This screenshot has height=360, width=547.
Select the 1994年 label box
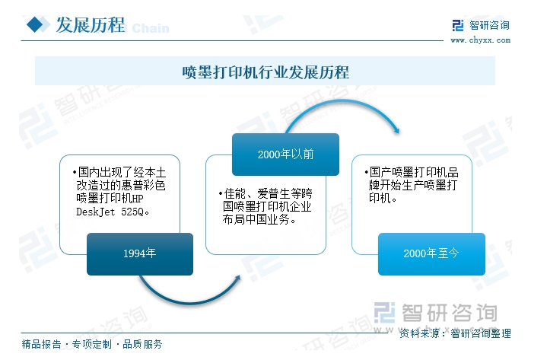tap(138, 253)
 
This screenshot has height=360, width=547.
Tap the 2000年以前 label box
tap(285, 154)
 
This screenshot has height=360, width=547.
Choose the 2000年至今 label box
tap(431, 253)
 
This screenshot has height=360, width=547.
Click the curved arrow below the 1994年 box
tap(190, 293)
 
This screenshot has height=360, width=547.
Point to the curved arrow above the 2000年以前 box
tap(342, 110)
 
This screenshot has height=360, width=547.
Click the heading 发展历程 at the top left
tap(90, 26)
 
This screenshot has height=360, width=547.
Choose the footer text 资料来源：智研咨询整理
tap(455, 333)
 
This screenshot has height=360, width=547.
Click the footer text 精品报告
tap(42, 345)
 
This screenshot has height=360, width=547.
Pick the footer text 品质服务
tap(142, 345)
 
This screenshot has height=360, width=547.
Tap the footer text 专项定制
tap(91, 345)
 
